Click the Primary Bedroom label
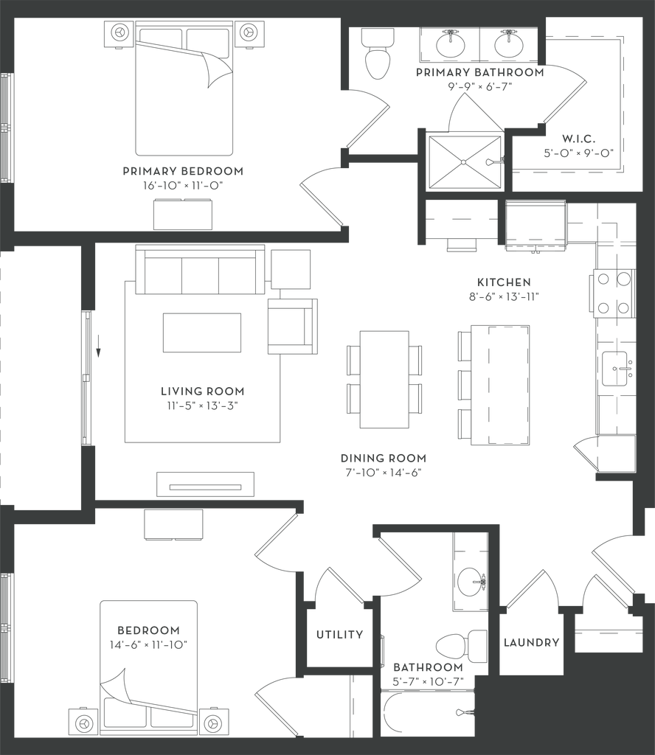pyautogui.click(x=182, y=171)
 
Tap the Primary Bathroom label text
pyautogui.click(x=479, y=72)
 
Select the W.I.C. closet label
pyautogui.click(x=578, y=138)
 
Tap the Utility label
pyautogui.click(x=340, y=635)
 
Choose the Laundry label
pyautogui.click(x=531, y=642)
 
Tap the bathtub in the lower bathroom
pyautogui.click(x=428, y=712)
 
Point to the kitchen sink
pyautogui.click(x=614, y=366)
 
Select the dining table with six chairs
pyautogui.click(x=385, y=379)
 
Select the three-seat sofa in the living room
pyautogui.click(x=201, y=272)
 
